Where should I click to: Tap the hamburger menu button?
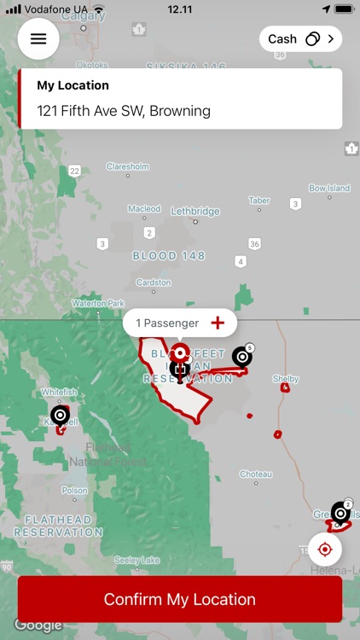click(38, 39)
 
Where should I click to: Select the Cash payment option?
click(299, 39)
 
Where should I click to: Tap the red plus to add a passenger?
click(218, 323)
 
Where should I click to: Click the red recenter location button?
click(324, 549)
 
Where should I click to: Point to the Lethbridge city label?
click(195, 212)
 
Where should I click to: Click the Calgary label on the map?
click(84, 15)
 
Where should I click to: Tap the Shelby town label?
click(286, 378)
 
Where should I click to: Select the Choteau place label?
click(255, 474)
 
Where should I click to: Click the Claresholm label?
click(128, 166)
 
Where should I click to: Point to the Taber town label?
click(259, 201)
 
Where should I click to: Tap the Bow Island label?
click(329, 188)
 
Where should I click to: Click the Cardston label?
click(154, 282)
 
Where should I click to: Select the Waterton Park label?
click(98, 303)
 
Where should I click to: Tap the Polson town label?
click(74, 491)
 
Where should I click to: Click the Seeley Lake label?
click(136, 560)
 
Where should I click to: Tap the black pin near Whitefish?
click(60, 416)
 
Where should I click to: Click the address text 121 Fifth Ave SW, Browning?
click(124, 111)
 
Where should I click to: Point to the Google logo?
click(38, 625)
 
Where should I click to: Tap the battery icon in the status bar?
click(344, 9)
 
